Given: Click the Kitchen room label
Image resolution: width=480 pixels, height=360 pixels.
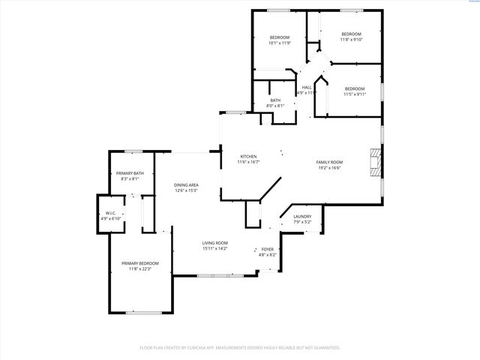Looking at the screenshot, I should coord(248,157).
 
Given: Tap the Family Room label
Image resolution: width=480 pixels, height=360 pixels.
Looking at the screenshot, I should coord(328,163).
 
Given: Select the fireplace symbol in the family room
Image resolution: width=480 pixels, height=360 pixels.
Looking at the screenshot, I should coord(375,162).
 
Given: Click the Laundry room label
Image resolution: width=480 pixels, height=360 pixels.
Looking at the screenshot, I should coord(302,217).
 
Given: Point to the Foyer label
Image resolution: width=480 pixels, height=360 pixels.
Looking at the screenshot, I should coord(268,250).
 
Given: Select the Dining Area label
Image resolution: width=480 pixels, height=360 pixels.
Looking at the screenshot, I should coord(186,184).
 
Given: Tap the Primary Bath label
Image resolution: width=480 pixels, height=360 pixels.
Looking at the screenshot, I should coord(130,173).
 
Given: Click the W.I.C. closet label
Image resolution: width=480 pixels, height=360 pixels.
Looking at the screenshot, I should coord(109,213).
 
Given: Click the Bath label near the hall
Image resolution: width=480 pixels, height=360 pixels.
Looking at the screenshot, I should coord(275,100).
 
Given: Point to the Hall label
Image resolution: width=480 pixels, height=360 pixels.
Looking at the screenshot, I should coord(307,88).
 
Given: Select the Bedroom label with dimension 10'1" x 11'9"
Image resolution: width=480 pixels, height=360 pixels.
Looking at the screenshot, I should coord(280,37).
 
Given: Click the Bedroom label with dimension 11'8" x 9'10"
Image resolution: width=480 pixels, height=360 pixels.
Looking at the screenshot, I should coord(351,34).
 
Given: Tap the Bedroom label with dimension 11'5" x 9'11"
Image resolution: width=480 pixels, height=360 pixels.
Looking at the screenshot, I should coord(355,89).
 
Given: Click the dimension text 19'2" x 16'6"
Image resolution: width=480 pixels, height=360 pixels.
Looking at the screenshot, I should coord(328,168).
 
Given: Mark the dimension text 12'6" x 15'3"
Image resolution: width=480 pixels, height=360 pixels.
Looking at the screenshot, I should coord(186,190).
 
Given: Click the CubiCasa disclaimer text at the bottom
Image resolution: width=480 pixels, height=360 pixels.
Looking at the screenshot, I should coord(240,348).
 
